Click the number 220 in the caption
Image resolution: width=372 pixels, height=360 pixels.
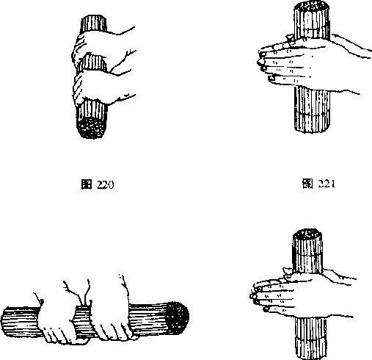pyautogui.click(x=106, y=184)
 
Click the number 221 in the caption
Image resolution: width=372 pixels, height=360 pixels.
pyautogui.click(x=327, y=184)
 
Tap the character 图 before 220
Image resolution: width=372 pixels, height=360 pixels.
pyautogui.click(x=87, y=184)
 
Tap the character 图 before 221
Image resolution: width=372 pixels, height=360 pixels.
pyautogui.click(x=307, y=184)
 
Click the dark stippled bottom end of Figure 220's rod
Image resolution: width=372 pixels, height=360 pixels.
pyautogui.click(x=91, y=128)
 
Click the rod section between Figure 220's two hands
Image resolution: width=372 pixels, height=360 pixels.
pyautogui.click(x=94, y=63)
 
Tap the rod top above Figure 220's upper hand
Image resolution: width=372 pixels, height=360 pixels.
pyautogui.click(x=93, y=24)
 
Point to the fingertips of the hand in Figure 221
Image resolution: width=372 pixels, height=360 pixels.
pyautogui.click(x=263, y=64)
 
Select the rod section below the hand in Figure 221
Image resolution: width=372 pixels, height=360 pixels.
pyautogui.click(x=312, y=109)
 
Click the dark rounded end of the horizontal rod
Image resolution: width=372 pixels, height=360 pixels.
pyautogui.click(x=178, y=318)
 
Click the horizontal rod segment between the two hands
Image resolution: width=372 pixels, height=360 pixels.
pyautogui.click(x=82, y=321)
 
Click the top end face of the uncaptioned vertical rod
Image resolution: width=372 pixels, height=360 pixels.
pyautogui.click(x=307, y=234)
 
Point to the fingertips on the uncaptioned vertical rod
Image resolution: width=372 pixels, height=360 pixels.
pyautogui.click(x=255, y=295)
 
